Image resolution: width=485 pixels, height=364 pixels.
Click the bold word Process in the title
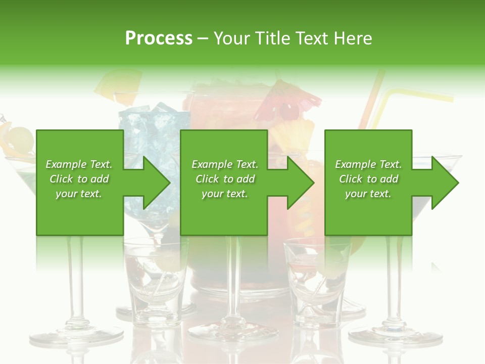click(x=159, y=38)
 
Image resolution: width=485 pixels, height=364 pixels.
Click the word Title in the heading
click(x=271, y=38)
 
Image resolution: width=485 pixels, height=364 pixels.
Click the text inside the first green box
click(x=79, y=179)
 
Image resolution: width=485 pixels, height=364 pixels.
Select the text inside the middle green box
click(x=224, y=179)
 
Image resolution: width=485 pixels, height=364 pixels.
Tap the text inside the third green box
click(x=368, y=179)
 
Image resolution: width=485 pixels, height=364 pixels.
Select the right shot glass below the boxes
click(x=316, y=283)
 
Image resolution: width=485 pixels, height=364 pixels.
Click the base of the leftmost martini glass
click(x=76, y=334)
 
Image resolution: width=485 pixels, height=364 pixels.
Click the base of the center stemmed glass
click(x=232, y=331)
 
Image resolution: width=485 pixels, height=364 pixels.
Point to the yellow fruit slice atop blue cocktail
click(x=121, y=83)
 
